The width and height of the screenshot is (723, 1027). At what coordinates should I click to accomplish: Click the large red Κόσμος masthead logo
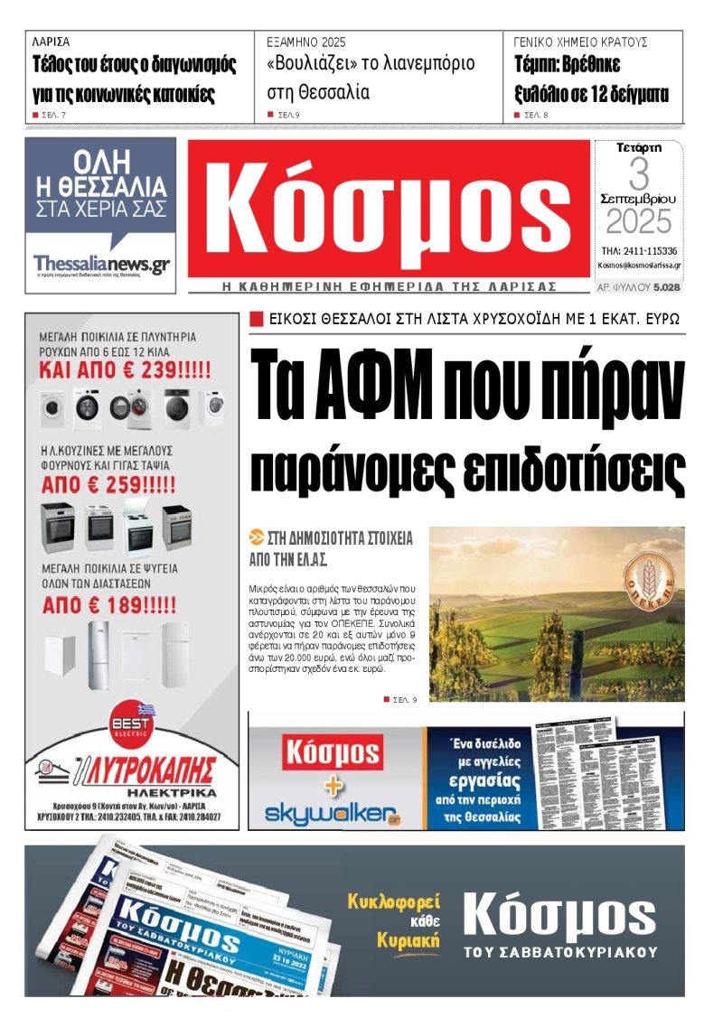(x=389, y=210)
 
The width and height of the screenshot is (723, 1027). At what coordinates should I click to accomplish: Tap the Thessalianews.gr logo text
(x=101, y=264)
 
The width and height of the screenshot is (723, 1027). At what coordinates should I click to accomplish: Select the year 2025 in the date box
(x=639, y=222)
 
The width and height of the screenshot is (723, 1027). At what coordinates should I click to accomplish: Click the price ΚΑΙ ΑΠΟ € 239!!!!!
(x=125, y=369)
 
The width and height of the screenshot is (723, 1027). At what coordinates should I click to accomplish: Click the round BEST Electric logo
(x=132, y=725)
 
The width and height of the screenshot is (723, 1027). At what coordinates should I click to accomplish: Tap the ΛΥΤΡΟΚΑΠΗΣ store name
(x=149, y=770)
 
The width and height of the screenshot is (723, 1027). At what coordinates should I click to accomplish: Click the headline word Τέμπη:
(x=542, y=65)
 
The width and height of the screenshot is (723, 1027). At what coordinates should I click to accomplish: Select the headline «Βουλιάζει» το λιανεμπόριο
(x=371, y=65)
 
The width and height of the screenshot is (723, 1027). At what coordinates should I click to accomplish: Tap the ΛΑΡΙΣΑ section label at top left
(x=51, y=42)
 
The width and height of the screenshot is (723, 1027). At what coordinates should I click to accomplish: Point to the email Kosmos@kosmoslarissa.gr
(x=639, y=266)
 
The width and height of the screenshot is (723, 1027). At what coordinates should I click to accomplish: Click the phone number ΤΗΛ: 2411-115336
(x=639, y=250)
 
